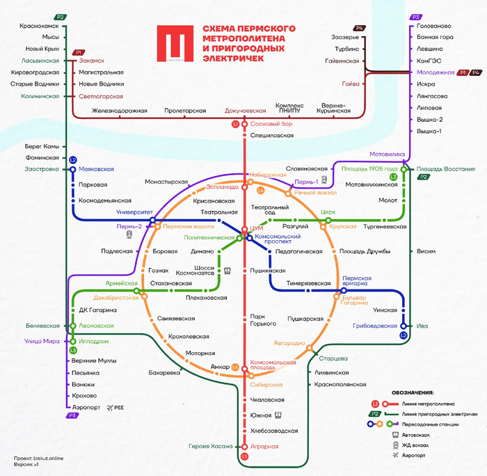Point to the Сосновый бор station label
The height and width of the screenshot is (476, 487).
[272, 124]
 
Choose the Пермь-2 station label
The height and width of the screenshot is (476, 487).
[129, 226]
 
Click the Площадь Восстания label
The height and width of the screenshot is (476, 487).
[446, 169]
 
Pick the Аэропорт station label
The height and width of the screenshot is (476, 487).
[86, 407]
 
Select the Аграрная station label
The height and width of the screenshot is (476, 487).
[264, 446]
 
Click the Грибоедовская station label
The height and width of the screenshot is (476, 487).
[374, 325]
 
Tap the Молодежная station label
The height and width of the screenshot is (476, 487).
[436, 72]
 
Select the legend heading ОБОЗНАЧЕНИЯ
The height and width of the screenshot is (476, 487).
[413, 392]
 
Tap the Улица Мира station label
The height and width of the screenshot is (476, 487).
[42, 341]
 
